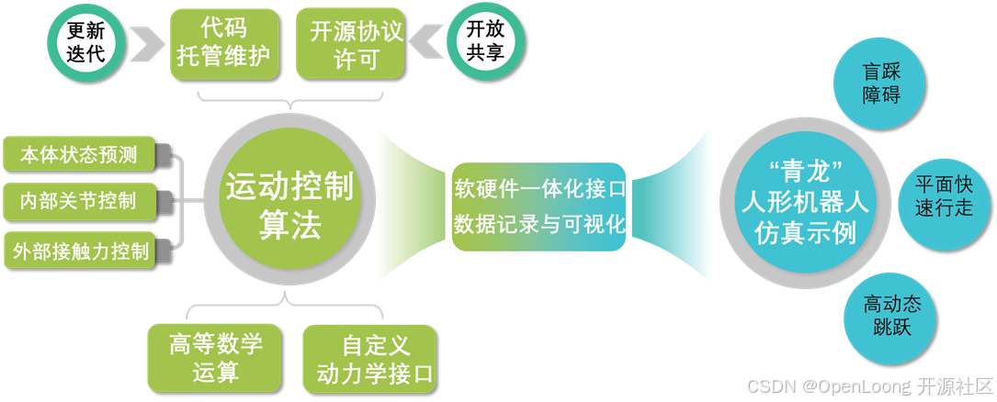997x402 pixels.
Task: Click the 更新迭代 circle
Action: (86, 42)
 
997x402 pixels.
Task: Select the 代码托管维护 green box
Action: (223, 42)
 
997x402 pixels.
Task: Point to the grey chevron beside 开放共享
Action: (425, 43)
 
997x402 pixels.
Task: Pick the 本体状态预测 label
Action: (79, 155)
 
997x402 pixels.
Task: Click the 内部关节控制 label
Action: (79, 201)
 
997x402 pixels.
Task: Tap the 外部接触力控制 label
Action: (81, 251)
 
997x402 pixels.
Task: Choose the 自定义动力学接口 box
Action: (371, 358)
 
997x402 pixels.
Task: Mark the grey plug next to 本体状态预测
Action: (166, 152)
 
